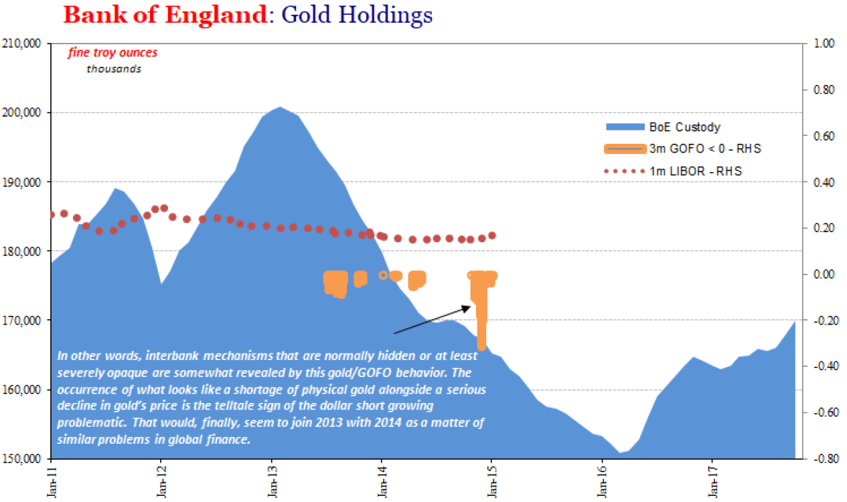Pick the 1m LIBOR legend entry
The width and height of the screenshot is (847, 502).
696,172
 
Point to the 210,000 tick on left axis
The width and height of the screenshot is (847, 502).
23,44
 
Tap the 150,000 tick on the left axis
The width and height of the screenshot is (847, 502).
23,459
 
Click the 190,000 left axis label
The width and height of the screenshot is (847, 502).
23,182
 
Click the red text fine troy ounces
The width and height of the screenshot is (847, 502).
112,53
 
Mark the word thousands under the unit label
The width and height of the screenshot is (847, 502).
114,68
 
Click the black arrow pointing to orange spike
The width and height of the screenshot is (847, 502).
432,320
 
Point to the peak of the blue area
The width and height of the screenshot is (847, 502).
280,107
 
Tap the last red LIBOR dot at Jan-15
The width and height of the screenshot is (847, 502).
492,236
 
